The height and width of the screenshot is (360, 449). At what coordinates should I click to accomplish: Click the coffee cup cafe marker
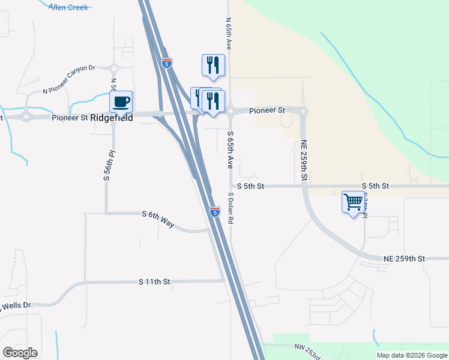click(x=121, y=102)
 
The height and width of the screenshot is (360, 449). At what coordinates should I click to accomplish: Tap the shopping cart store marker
click(x=353, y=201)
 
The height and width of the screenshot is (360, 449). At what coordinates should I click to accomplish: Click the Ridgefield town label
click(x=111, y=118)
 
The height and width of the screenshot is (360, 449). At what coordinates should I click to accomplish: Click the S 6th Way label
click(x=158, y=219)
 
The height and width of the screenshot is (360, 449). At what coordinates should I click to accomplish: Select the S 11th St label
click(x=155, y=281)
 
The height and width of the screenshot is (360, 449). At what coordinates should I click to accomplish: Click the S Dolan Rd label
click(x=230, y=208)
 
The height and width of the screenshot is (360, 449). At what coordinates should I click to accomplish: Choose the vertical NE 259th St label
click(x=304, y=161)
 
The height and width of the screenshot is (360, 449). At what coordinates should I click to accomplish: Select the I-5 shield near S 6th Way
click(x=215, y=211)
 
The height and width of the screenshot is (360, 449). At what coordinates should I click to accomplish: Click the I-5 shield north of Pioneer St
click(x=167, y=62)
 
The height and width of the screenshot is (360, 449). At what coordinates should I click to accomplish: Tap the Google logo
click(x=20, y=353)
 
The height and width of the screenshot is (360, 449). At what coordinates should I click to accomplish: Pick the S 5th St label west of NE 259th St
click(x=250, y=187)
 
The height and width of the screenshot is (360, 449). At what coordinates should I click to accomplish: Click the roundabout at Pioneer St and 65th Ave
click(x=230, y=110)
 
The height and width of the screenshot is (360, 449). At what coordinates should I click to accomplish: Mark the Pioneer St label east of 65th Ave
click(x=267, y=110)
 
